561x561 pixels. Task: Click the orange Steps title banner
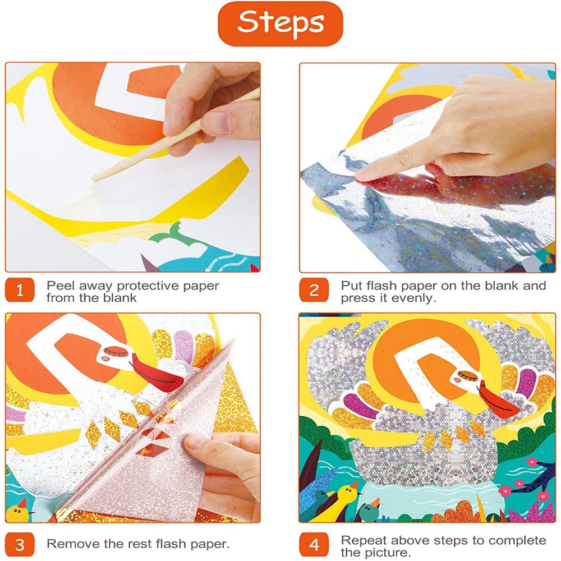point(280,24)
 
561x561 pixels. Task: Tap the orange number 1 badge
point(20,290)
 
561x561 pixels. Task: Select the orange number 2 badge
point(314,290)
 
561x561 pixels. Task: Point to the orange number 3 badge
point(20,545)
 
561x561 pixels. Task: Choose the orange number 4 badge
point(314,545)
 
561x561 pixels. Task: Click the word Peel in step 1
point(60,286)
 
